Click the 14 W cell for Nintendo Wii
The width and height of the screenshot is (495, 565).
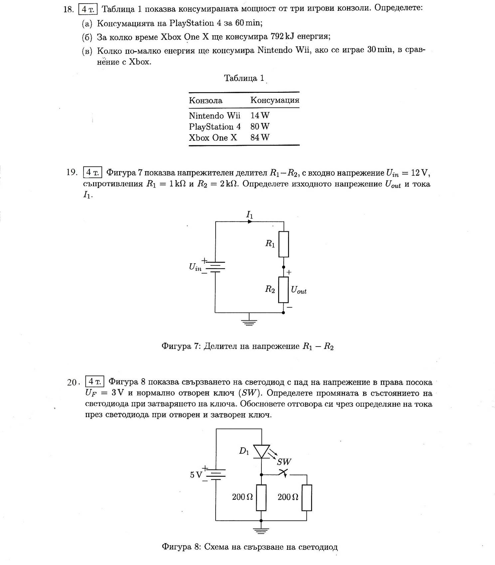pos(260,115)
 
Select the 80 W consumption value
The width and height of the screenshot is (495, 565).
pos(260,126)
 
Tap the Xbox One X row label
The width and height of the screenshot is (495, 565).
pos(213,138)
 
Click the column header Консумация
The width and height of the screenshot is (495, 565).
pos(274,100)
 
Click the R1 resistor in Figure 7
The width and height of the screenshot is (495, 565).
pos(283,244)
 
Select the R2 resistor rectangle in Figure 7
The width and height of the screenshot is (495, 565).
pos(283,290)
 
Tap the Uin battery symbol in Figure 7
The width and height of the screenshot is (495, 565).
pos(215,267)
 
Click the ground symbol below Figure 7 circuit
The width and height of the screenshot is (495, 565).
pos(248,321)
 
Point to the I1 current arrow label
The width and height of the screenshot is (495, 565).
pos(249,215)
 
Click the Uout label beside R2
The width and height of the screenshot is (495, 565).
pos(298,290)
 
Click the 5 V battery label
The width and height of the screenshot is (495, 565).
pos(196,475)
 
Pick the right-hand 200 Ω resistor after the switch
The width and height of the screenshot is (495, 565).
pos(307,497)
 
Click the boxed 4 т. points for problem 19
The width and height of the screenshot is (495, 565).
pos(92,172)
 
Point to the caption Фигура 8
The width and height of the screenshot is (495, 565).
pos(249,547)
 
